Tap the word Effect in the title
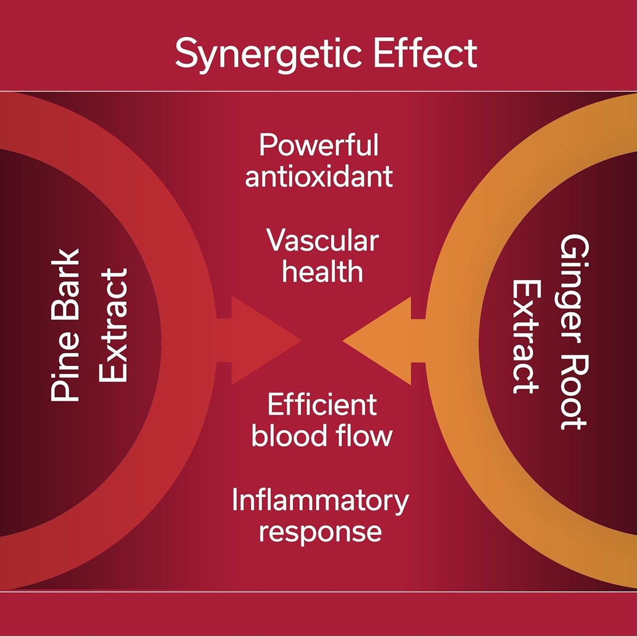tap(425, 53)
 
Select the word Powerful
tap(318, 146)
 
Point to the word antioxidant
tap(319, 176)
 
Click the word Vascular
tap(322, 241)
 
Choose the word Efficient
tap(322, 405)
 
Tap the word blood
tap(288, 435)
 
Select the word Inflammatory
tap(320, 501)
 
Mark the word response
tap(320, 532)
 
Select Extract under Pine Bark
tap(113, 325)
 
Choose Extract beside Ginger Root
tap(526, 336)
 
